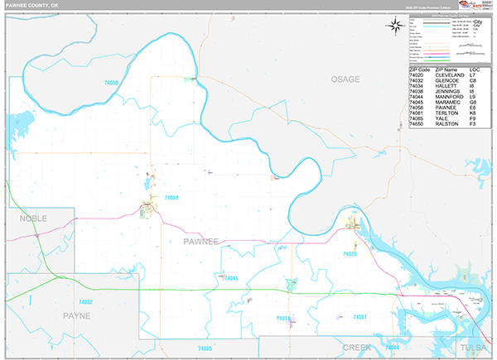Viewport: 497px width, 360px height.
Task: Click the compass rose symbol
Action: (x=393, y=24)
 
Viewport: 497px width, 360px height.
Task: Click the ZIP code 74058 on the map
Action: (x=171, y=198)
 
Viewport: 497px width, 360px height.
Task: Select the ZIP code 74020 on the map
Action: (x=350, y=254)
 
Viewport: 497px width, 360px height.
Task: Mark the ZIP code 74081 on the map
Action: (x=360, y=317)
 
